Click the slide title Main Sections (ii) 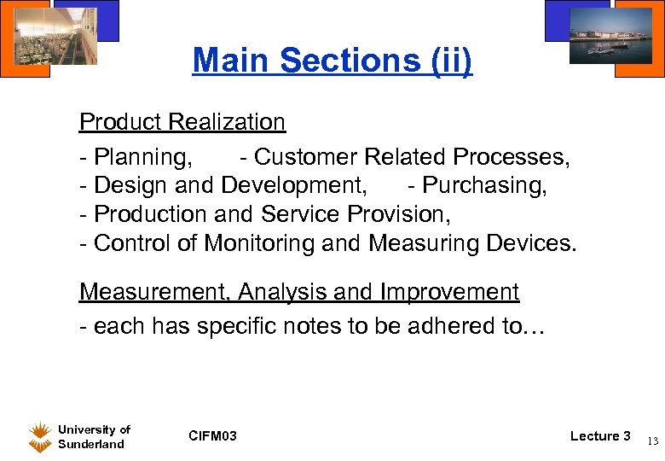click(332, 61)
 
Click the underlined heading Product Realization click(182, 122)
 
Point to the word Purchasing click(484, 185)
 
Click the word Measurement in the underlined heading click(155, 292)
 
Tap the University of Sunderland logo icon click(39, 435)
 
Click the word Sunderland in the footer click(91, 444)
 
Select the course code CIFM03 click(212, 437)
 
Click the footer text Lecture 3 click(600, 436)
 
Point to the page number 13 click(652, 441)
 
